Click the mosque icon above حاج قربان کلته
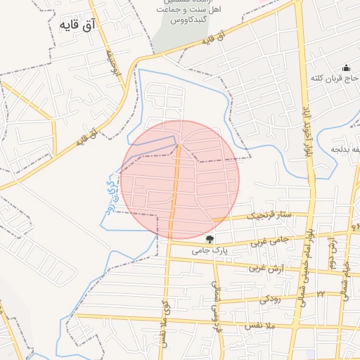[346, 67]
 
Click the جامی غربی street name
[271, 240]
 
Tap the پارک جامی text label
[208, 250]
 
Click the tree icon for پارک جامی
[210, 239]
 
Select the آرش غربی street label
[265, 269]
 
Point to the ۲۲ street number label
[321, 294]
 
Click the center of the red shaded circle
[180, 180]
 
